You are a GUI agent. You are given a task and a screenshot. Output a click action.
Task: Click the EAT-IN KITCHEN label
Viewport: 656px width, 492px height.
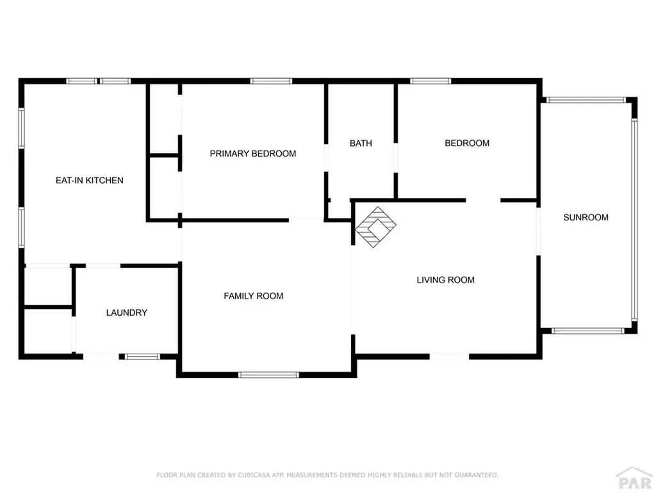click(x=90, y=180)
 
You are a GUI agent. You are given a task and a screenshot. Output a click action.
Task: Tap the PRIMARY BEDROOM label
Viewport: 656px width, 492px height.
click(x=252, y=154)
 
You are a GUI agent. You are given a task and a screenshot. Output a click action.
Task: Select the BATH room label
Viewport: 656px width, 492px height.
click(x=361, y=143)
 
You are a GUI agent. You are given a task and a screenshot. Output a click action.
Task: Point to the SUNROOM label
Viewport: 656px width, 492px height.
click(x=586, y=217)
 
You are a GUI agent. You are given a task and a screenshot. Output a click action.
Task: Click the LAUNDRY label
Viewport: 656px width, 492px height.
click(x=127, y=313)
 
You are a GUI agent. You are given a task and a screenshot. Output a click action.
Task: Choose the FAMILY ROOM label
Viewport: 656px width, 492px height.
click(x=254, y=296)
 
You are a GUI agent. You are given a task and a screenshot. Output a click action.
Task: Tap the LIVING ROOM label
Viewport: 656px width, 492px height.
click(x=446, y=280)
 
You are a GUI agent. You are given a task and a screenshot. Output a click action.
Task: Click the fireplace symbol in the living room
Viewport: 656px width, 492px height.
click(x=375, y=227)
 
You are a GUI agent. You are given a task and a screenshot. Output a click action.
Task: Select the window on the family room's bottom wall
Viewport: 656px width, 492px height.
click(x=268, y=375)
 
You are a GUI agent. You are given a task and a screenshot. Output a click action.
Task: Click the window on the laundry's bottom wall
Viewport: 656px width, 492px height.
click(x=143, y=357)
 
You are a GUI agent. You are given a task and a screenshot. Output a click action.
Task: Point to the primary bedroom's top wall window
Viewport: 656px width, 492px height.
click(x=271, y=81)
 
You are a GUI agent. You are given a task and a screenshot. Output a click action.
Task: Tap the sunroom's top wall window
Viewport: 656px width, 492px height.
click(x=586, y=100)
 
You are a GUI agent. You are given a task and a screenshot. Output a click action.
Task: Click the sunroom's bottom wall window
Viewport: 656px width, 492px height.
click(x=588, y=331)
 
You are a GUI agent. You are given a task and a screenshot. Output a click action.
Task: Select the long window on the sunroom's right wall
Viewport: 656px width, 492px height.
click(x=634, y=220)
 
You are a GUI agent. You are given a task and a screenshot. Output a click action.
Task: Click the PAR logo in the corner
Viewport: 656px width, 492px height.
click(x=634, y=479)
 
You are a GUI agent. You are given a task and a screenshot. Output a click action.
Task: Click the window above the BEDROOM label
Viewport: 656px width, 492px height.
click(x=430, y=81)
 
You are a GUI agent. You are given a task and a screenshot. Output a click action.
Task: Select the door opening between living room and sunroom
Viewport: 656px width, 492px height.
click(x=538, y=231)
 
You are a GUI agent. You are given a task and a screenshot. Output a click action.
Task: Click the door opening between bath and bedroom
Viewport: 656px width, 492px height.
click(x=395, y=158)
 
